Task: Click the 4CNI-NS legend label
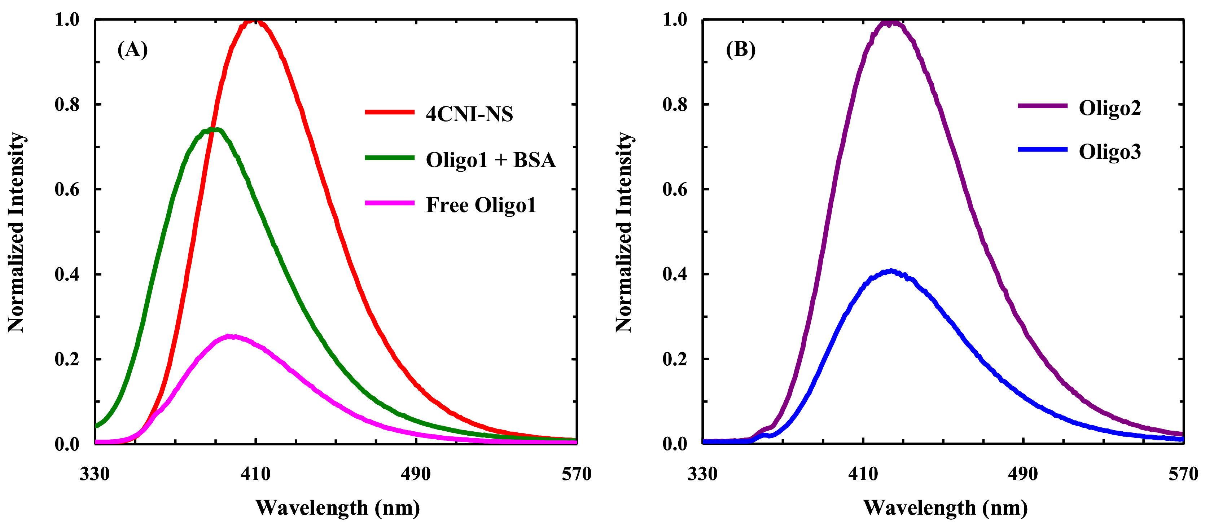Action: pyautogui.click(x=469, y=114)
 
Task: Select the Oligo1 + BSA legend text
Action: pyautogui.click(x=490, y=159)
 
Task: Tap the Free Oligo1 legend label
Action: pyautogui.click(x=481, y=205)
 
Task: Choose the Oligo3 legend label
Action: pyautogui.click(x=1109, y=151)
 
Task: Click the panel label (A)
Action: pyautogui.click(x=132, y=49)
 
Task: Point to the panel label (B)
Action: pyautogui.click(x=740, y=49)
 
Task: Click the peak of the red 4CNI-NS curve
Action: pyautogui.click(x=254, y=20)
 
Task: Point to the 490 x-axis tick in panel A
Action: pyautogui.click(x=415, y=474)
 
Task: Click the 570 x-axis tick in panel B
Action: pyautogui.click(x=1183, y=474)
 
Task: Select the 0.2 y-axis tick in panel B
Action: pyautogui.click(x=675, y=359)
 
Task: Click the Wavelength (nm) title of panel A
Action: pyautogui.click(x=337, y=507)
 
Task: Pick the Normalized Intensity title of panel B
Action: pyautogui.click(x=623, y=232)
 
